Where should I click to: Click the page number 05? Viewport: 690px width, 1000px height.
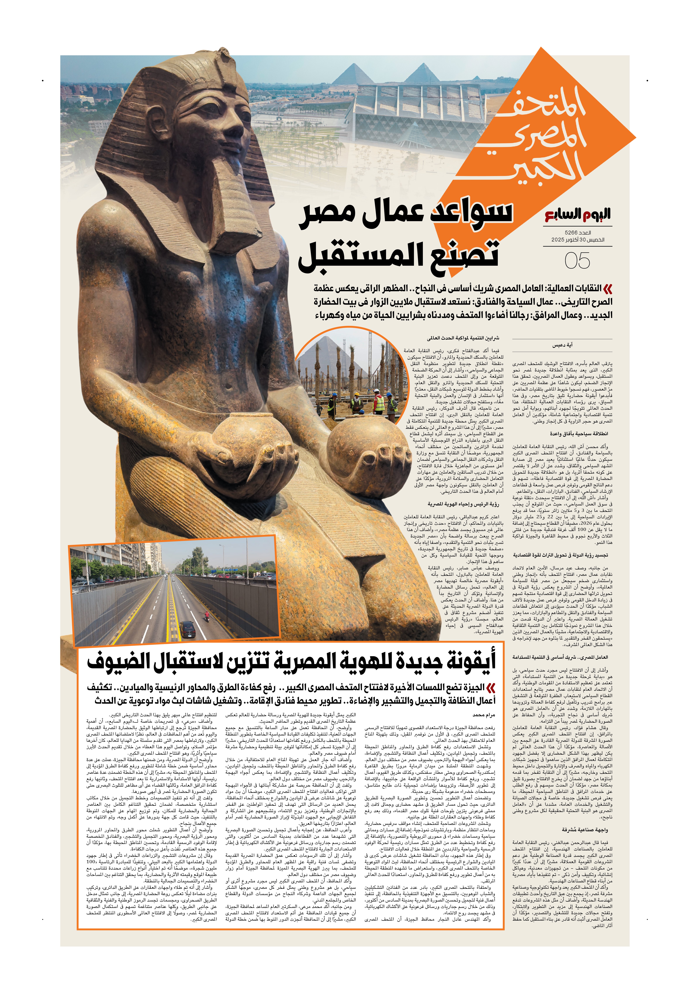tap(577, 261)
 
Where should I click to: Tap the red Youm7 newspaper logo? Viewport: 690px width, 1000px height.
tap(578, 215)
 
